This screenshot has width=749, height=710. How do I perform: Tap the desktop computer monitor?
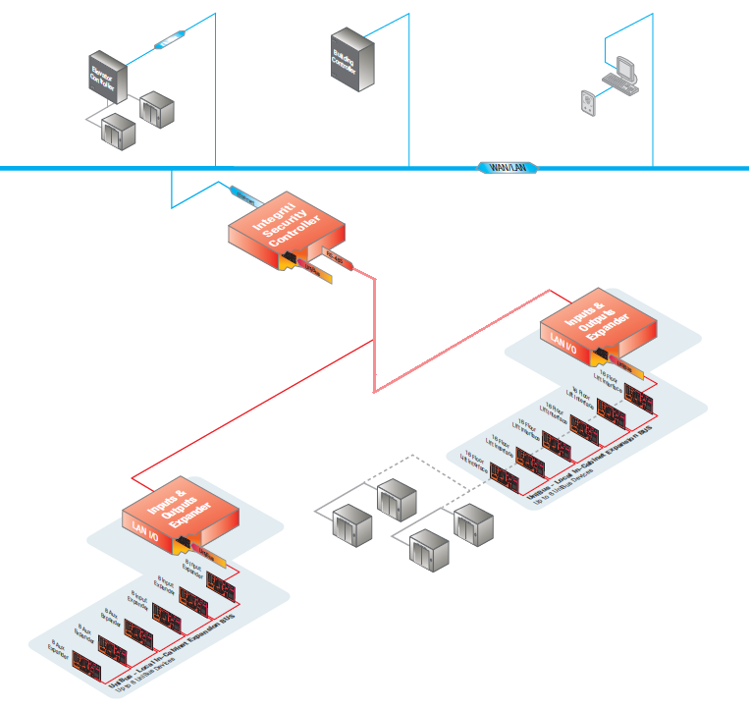[x=625, y=70]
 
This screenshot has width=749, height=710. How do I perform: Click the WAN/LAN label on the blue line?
[x=508, y=168]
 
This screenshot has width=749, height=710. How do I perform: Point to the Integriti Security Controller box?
[x=285, y=226]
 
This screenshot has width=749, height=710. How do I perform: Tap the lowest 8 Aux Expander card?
[x=94, y=667]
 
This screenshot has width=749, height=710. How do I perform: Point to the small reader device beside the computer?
[x=588, y=104]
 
